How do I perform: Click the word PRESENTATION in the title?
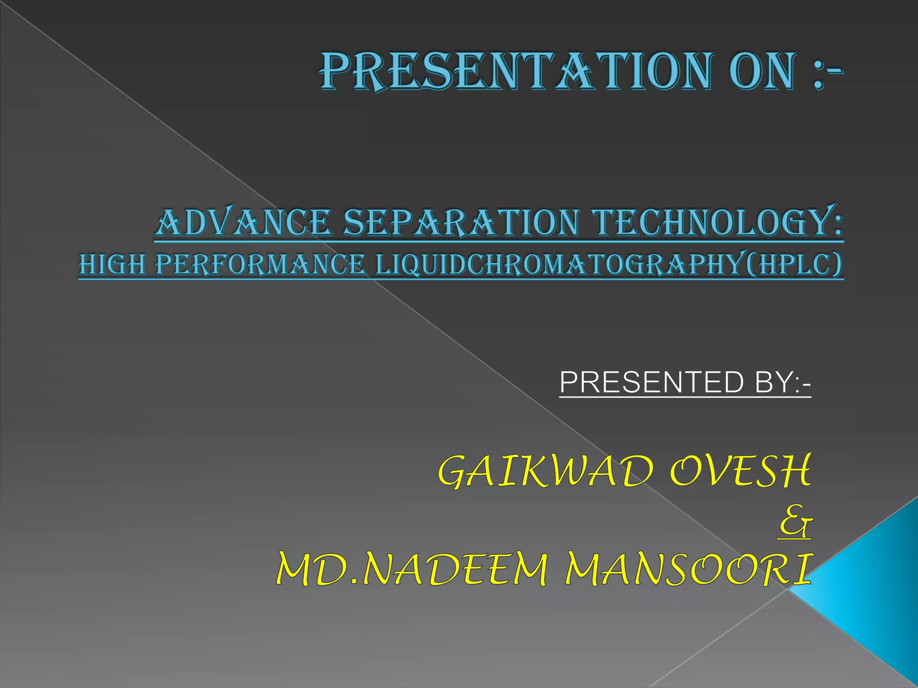514,72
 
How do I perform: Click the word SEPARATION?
461,223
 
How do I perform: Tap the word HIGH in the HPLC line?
112,264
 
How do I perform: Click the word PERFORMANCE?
260,264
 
